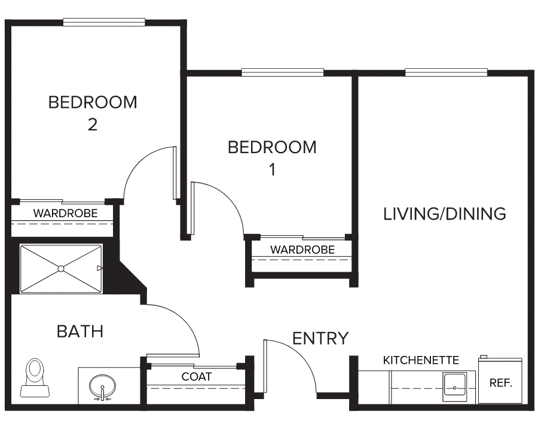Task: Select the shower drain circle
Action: (61, 269)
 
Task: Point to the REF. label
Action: (500, 383)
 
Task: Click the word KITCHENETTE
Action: (421, 360)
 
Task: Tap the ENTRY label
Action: (320, 339)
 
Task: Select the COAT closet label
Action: (197, 376)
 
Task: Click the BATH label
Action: (80, 331)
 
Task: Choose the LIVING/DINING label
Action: (444, 214)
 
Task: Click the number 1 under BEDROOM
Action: (273, 170)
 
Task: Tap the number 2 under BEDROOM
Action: (93, 124)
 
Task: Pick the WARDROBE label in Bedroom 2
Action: (66, 214)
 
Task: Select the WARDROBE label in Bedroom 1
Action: (302, 249)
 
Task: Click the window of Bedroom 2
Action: (104, 22)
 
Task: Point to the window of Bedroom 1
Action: (282, 72)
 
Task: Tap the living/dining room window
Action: (446, 72)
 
